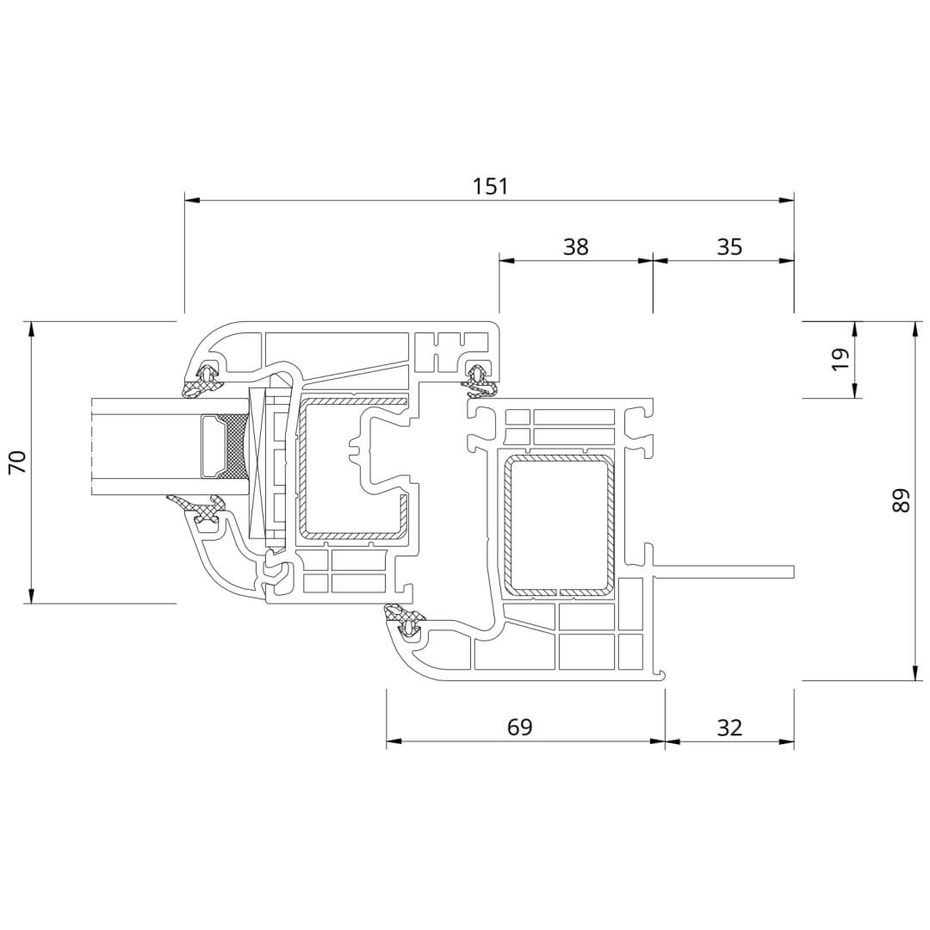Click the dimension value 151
[x=490, y=186]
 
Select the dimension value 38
[x=575, y=246]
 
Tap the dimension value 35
[x=729, y=246]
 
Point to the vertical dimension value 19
[x=840, y=359]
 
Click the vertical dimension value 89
[x=900, y=500]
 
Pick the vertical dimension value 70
[x=18, y=462]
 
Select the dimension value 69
[x=519, y=727]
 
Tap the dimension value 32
[x=729, y=727]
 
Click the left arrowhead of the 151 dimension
[x=191, y=201]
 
